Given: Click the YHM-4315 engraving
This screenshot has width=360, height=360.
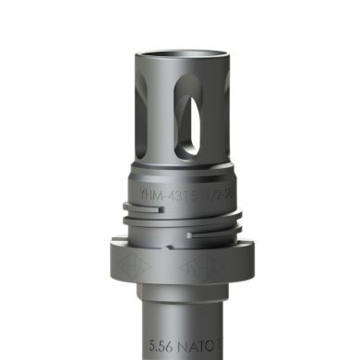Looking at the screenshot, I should pos(160,197).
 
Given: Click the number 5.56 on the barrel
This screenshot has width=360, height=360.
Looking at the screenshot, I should pos(164,347).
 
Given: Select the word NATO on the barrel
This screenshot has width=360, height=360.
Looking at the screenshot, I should pos(199,347).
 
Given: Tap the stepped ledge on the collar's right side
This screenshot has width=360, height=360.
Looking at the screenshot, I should pos(234,220).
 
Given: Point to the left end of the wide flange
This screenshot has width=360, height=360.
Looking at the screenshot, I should pos(114,263).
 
